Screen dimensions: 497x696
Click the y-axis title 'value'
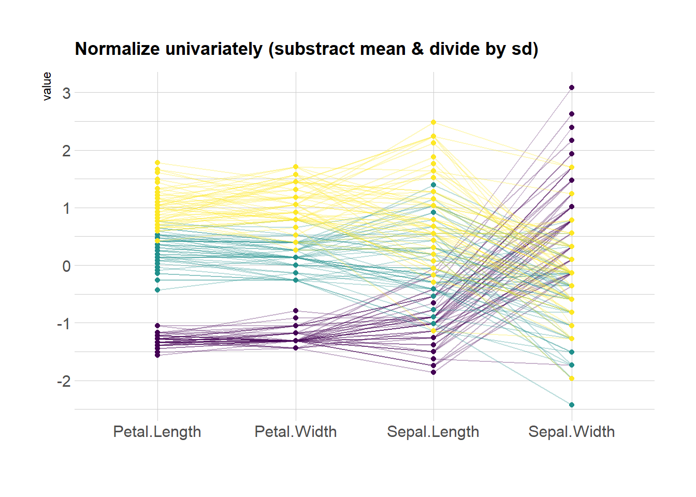click(47, 86)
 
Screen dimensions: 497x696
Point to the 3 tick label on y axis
click(66, 94)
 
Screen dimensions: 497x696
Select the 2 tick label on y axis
click(66, 151)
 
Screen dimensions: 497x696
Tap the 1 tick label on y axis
click(66, 209)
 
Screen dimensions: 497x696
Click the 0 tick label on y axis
click(66, 266)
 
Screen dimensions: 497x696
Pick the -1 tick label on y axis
click(63, 324)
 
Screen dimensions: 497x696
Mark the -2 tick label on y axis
click(63, 382)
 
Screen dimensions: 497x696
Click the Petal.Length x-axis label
click(157, 432)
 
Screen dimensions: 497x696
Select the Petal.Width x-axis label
click(296, 432)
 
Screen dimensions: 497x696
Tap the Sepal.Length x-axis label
click(433, 432)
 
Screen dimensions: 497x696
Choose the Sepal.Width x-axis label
click(571, 432)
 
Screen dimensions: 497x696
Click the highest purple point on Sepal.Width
click(572, 87)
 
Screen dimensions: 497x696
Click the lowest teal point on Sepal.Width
click(572, 405)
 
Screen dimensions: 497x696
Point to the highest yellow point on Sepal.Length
click(433, 123)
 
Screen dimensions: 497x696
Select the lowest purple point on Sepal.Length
click(433, 372)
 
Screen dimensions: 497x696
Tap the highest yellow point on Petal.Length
click(157, 163)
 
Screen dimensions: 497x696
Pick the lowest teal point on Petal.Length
click(157, 290)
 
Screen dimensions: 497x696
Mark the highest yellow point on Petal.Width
click(296, 167)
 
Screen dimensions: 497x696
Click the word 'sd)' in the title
click(525, 49)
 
